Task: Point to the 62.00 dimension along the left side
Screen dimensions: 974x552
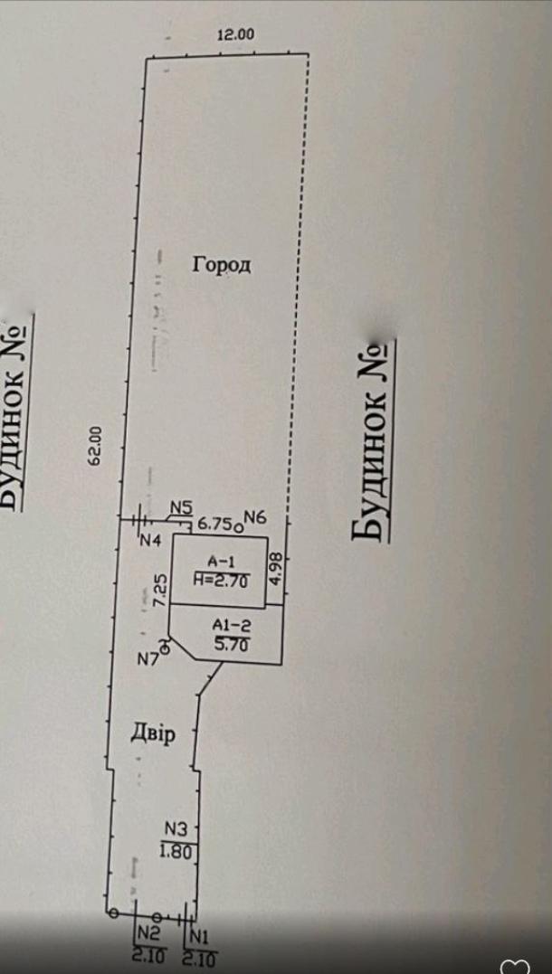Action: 93,446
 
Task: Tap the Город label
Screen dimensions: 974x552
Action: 221,265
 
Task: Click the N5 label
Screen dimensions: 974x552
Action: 181,508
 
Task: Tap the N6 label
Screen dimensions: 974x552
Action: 254,517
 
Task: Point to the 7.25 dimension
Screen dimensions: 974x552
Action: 160,589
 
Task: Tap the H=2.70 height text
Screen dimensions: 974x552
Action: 220,582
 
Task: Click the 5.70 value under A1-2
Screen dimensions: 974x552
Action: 230,644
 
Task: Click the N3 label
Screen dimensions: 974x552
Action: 176,827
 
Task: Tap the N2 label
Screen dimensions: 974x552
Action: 148,932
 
